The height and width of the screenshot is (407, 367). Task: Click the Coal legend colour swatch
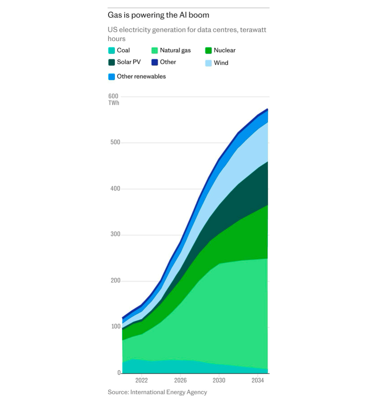[112, 51]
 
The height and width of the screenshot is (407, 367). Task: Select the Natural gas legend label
[175, 50]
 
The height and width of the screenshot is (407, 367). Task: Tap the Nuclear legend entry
[224, 50]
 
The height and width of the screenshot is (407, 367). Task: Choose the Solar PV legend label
[129, 62]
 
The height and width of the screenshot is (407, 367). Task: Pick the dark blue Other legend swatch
[155, 62]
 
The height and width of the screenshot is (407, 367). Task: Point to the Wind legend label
[221, 63]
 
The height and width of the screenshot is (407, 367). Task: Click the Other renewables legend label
[141, 77]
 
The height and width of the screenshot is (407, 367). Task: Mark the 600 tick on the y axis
[113, 96]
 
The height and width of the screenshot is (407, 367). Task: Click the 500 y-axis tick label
[115, 143]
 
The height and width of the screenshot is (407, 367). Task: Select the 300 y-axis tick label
[115, 235]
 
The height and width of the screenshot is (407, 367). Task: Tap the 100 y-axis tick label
[115, 327]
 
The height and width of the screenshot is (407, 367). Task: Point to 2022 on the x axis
[141, 381]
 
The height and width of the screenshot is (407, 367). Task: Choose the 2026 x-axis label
[180, 381]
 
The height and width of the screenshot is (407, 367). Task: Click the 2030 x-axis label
[219, 381]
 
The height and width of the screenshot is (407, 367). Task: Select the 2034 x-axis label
[258, 381]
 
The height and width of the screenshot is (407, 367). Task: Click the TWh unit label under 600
[114, 103]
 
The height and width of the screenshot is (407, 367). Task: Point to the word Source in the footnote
[118, 392]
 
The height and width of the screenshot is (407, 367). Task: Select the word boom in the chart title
[200, 16]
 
